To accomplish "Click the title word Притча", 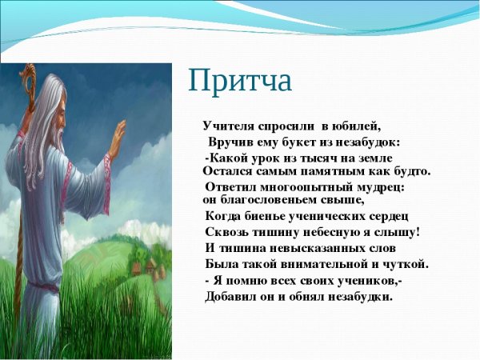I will click(240, 82).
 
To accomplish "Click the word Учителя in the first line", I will click(228, 126).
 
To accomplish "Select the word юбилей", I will click(358, 126).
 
